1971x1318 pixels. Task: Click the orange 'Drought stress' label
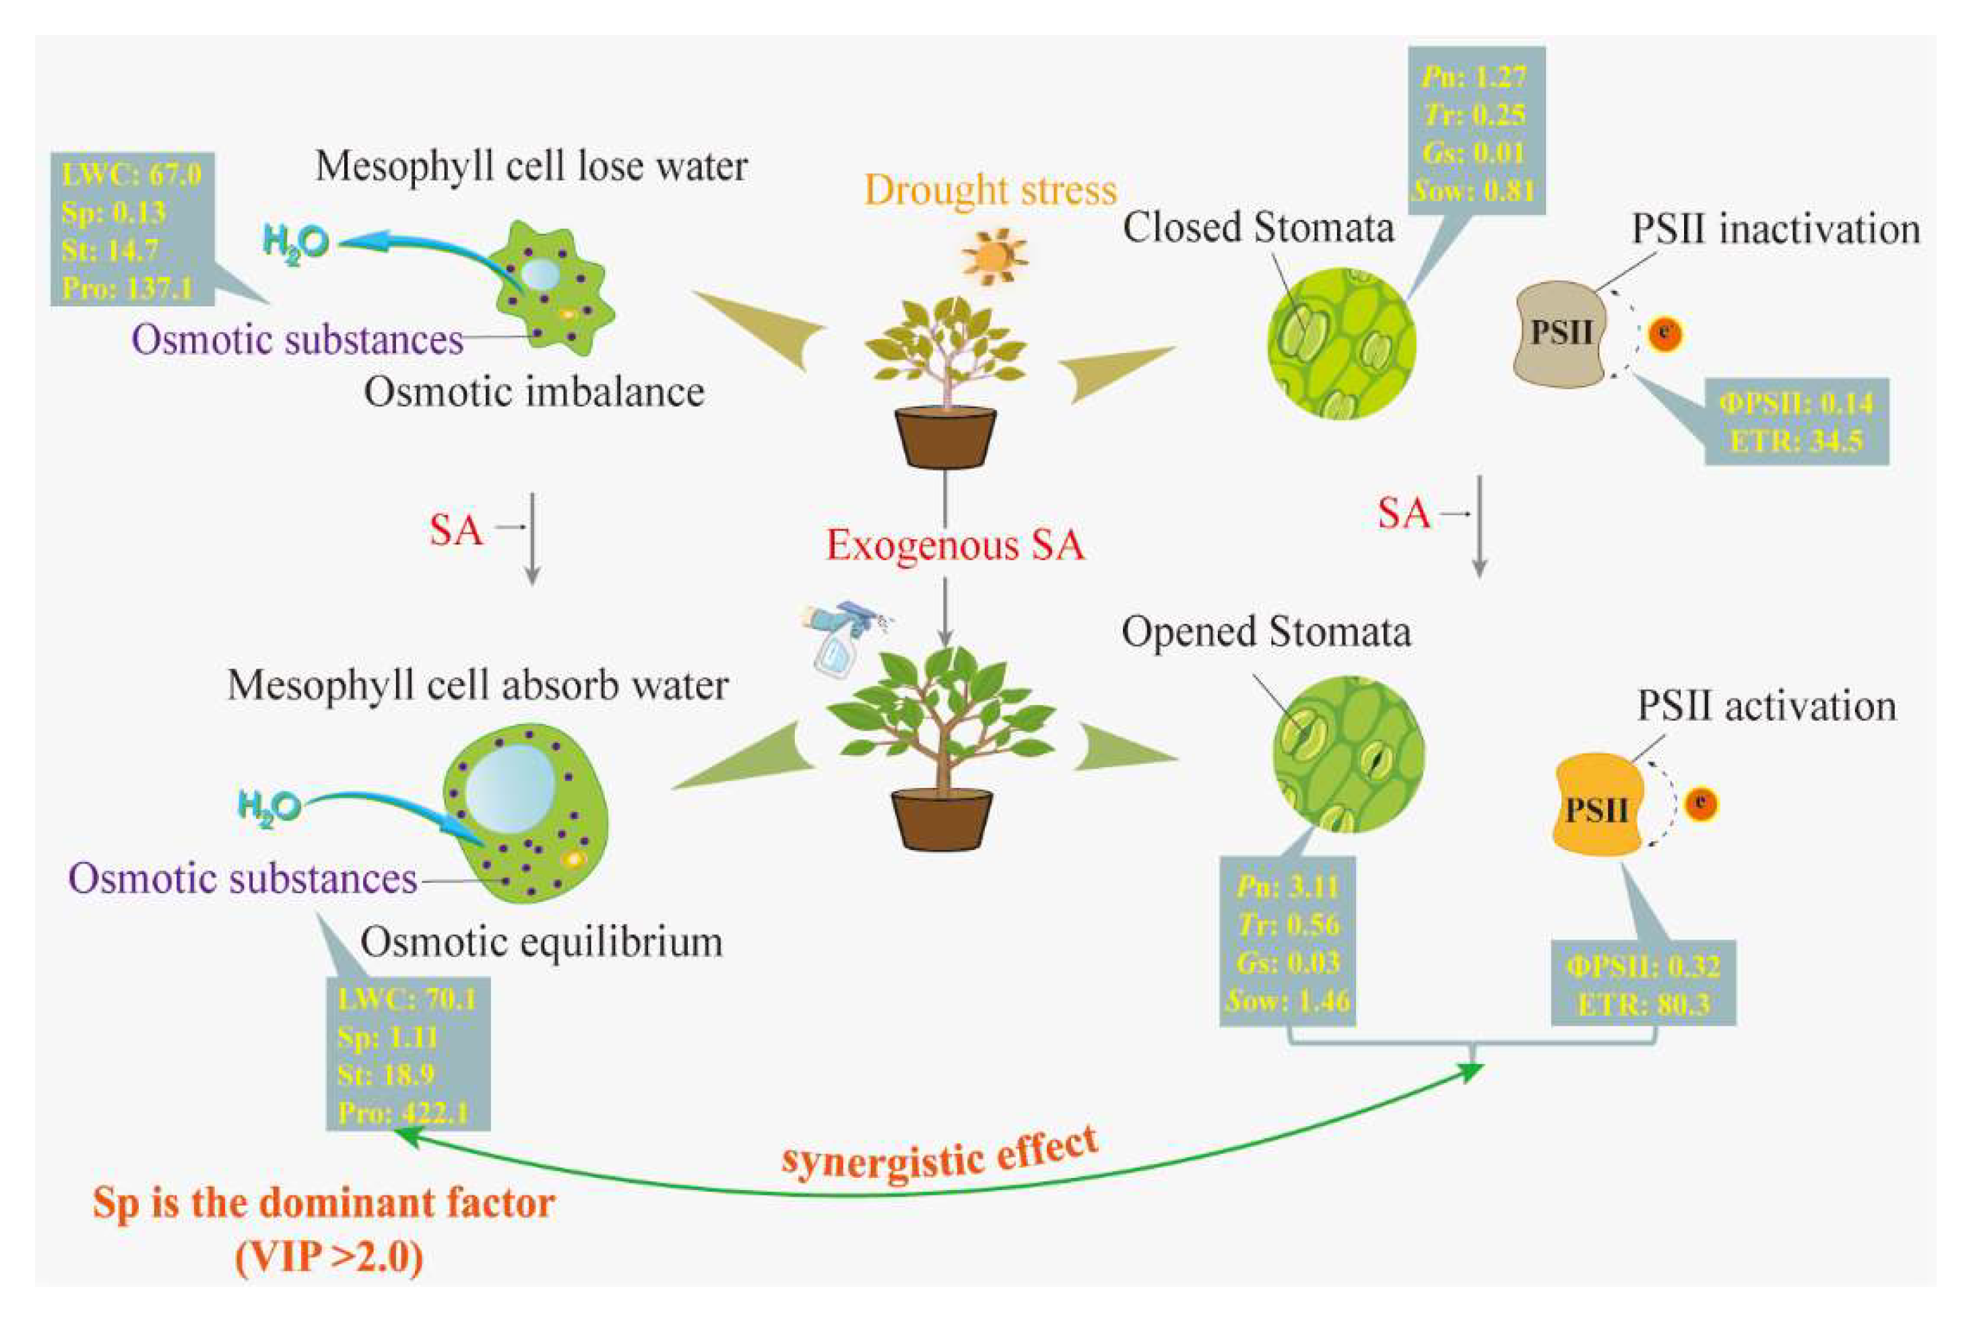[990, 190]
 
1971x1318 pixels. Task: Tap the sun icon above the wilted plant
[995, 257]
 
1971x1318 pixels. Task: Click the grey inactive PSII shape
[1560, 333]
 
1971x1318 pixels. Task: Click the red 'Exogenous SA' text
[955, 545]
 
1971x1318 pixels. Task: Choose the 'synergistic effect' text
[940, 1153]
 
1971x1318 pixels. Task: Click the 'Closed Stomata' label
[1258, 228]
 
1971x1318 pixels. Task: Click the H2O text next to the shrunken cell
[295, 244]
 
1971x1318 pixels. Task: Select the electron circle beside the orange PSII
[1701, 804]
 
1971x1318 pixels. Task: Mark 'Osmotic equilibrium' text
[542, 942]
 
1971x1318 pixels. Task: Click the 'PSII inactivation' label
[1775, 228]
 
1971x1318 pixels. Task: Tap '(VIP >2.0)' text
[329, 1258]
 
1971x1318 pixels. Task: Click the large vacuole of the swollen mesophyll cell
[510, 790]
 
